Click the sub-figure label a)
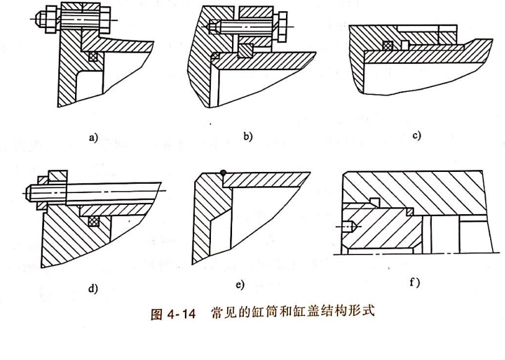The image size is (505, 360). pos(93,138)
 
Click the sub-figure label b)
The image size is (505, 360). pos(248,137)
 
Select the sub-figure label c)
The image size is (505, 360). pos(416,135)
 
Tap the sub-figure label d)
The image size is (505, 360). pos(93,289)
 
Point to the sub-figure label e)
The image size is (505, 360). pos(240,285)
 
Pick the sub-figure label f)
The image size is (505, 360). pos(415,282)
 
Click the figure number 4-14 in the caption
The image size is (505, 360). pos(181,313)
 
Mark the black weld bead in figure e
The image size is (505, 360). pos(223,173)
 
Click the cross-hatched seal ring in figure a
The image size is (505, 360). pos(94,56)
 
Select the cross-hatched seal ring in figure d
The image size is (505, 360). pos(94,221)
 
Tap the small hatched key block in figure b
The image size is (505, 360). pos(245,51)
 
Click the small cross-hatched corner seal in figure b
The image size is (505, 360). pos(215,55)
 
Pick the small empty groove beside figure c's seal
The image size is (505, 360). pos(405,45)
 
